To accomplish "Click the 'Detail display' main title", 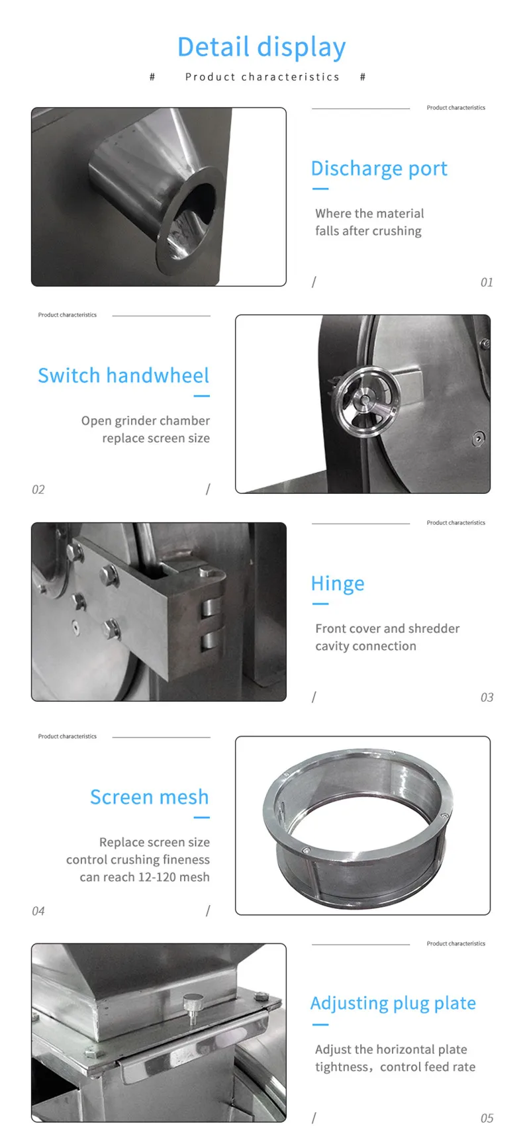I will coord(261,47).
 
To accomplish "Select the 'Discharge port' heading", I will coord(379,169).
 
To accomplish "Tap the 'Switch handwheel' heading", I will coord(123,376).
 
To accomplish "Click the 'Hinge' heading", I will coord(338,584).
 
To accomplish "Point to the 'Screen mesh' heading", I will coord(149,797).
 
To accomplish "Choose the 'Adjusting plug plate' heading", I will coord(393,1003).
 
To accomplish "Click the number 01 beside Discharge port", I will coord(487,283).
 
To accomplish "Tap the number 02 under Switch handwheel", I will coord(38,490).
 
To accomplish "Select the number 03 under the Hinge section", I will coord(487,698).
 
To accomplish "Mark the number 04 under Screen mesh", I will coord(38,912).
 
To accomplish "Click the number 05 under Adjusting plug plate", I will coord(487,1118).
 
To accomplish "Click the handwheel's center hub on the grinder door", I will coord(363,399).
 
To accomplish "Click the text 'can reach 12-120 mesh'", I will coord(144,877).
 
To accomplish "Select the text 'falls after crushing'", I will coord(368,231).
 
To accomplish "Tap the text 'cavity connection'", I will coord(365,646).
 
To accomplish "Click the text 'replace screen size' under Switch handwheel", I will coord(156,438).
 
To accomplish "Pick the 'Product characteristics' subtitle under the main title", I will coord(261,77).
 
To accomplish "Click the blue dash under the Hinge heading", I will coord(320,604).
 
